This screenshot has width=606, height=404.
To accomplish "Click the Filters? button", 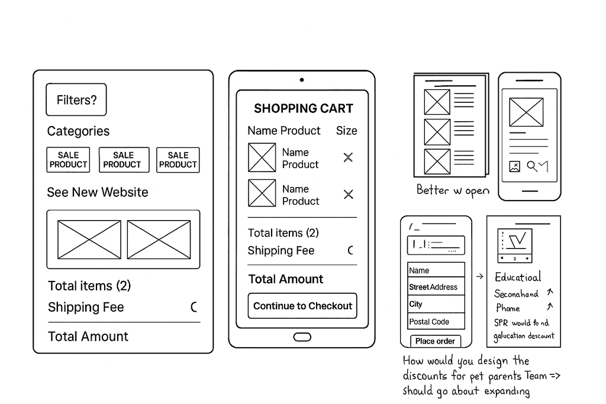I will click(x=76, y=100).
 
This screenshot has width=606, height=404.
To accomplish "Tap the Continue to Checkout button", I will click(x=302, y=306).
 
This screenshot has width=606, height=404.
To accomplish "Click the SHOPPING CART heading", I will click(x=303, y=108).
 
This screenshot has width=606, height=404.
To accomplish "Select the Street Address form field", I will click(x=436, y=287).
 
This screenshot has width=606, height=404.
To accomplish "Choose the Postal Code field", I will click(x=436, y=322).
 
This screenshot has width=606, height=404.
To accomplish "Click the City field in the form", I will click(x=436, y=304).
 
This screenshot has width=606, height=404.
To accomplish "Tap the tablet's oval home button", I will click(x=302, y=337).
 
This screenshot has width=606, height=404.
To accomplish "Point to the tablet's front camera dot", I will click(x=302, y=80).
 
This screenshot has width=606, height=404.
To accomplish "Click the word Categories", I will click(x=78, y=131).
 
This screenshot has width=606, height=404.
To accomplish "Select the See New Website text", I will click(x=98, y=192).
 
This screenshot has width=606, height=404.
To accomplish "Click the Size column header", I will click(x=347, y=131).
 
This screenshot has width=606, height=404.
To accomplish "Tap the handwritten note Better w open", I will click(x=453, y=190).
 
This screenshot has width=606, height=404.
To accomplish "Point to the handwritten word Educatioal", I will click(x=518, y=277).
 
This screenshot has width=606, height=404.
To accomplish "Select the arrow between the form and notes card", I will click(x=479, y=276).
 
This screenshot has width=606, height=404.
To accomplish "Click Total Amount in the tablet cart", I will click(x=286, y=279).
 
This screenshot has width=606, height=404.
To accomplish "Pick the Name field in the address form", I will click(x=436, y=270).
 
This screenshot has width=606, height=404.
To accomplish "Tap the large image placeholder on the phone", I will click(x=526, y=112).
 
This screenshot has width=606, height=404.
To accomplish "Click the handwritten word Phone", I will click(x=508, y=308).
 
